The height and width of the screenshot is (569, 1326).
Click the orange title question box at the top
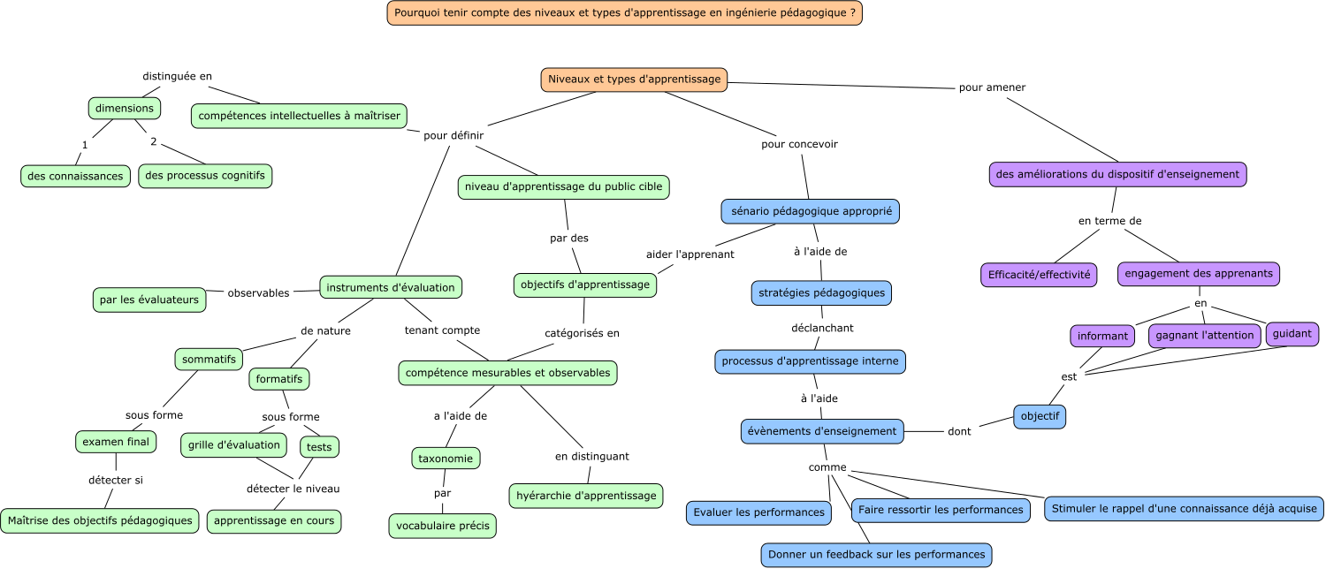click(x=624, y=13)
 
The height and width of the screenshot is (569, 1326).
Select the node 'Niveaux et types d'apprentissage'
click(x=634, y=80)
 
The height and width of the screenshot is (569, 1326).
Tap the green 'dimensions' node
click(x=125, y=109)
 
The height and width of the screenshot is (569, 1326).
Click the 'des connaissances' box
click(x=75, y=176)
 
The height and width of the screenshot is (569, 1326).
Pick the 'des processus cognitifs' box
click(x=205, y=176)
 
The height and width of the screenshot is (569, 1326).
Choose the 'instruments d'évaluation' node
click(x=391, y=287)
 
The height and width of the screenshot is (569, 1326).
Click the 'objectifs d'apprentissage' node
click(x=585, y=284)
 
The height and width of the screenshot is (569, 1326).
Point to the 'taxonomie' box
click(x=446, y=459)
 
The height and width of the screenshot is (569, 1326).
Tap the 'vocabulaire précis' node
click(x=443, y=526)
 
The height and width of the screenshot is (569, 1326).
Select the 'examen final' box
click(x=116, y=442)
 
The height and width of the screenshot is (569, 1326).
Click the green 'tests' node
click(x=319, y=447)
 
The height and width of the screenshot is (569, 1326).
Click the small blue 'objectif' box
click(x=1040, y=416)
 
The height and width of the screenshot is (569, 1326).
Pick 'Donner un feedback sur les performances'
click(x=876, y=555)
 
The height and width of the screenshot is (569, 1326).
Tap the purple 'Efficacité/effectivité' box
click(x=1039, y=275)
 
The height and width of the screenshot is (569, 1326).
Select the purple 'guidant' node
click(x=1292, y=334)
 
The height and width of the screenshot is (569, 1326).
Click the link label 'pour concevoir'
click(x=799, y=144)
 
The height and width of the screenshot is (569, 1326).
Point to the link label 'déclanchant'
click(x=822, y=328)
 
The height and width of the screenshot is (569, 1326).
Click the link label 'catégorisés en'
click(x=582, y=333)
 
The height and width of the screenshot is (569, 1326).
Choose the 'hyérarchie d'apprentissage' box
click(x=586, y=496)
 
